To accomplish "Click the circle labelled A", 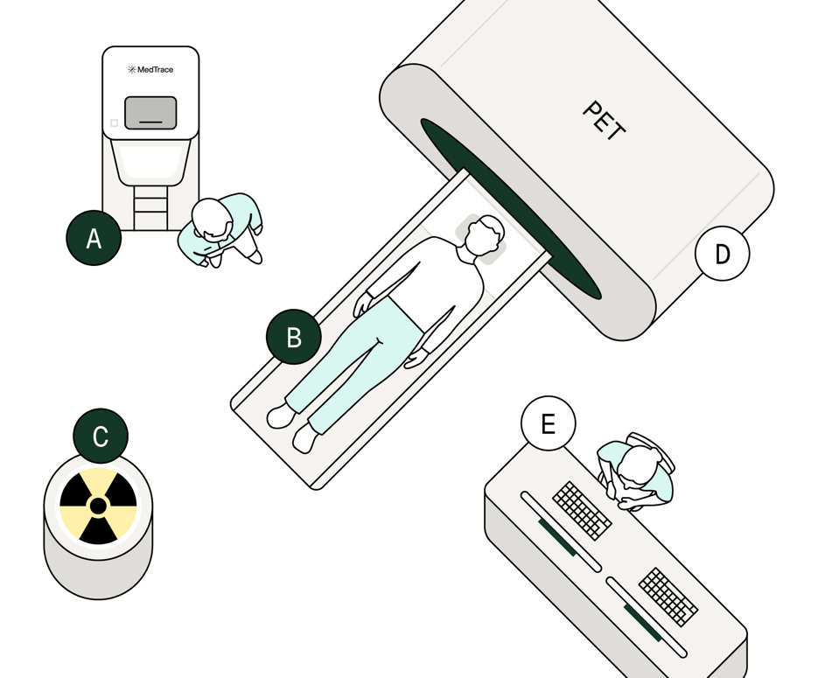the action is (x=94, y=238).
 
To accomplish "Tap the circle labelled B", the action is (x=294, y=337).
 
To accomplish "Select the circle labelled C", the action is (x=101, y=436).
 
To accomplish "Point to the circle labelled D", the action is (x=723, y=254).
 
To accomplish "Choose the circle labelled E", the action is (x=549, y=423).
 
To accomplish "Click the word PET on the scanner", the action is (x=605, y=121).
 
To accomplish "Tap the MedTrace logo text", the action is (x=150, y=69).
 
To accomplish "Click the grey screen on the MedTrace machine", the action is (x=150, y=113).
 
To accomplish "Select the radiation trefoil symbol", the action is (x=98, y=506).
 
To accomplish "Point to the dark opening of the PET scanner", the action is (x=510, y=208).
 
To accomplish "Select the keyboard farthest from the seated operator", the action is (x=668, y=597).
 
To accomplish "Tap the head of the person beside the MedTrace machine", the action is (x=212, y=219).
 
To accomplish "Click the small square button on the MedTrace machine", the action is (x=115, y=123).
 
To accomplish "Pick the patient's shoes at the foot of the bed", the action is (x=293, y=427).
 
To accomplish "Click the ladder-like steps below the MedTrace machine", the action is (x=150, y=207).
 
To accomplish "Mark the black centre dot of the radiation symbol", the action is (x=98, y=506).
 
